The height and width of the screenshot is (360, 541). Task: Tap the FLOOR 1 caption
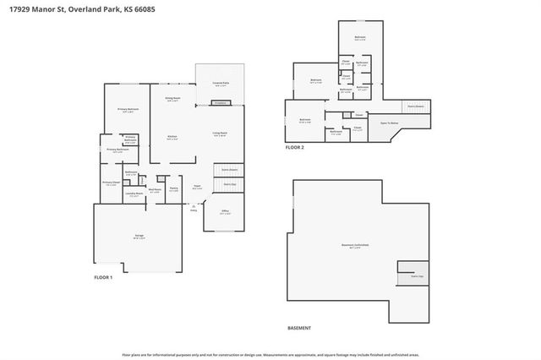click(x=102, y=278)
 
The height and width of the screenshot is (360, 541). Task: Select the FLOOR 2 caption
click(x=294, y=147)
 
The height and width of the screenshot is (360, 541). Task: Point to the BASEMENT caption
click(x=299, y=328)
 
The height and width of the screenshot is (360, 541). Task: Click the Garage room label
click(x=139, y=236)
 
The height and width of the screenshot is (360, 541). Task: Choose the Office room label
click(x=224, y=213)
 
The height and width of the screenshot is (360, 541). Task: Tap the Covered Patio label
click(x=220, y=85)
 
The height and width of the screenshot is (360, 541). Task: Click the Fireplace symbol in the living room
click(x=220, y=103)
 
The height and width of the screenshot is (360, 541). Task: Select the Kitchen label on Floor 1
click(x=172, y=139)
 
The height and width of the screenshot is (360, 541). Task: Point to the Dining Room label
click(x=172, y=99)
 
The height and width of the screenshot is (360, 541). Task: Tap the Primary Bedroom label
click(x=128, y=110)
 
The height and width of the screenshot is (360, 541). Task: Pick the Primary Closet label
click(x=111, y=183)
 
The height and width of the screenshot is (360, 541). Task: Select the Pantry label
click(x=173, y=188)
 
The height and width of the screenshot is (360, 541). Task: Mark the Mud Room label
click(x=155, y=190)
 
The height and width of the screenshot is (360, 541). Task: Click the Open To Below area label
click(x=389, y=123)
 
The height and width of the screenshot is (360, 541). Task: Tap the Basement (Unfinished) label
click(x=355, y=246)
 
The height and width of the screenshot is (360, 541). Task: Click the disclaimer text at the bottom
click(x=270, y=355)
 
